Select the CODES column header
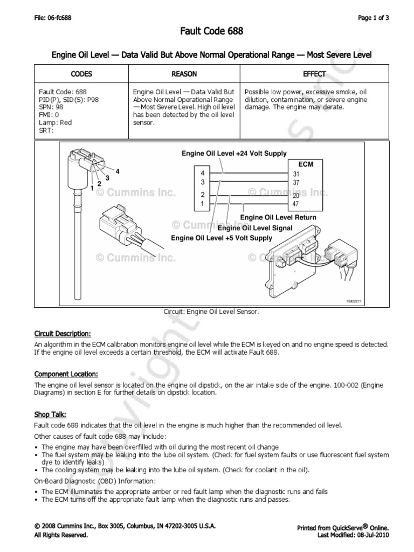point(81,74)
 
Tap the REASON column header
point(184,74)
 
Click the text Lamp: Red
point(56,122)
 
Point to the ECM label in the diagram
point(306,164)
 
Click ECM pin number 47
point(296,205)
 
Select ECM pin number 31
point(296,174)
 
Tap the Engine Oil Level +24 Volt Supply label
point(233,154)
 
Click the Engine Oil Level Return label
point(278,217)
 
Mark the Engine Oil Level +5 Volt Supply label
point(222,238)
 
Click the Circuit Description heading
point(63,333)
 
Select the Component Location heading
point(66,374)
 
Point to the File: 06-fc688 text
point(53,18)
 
